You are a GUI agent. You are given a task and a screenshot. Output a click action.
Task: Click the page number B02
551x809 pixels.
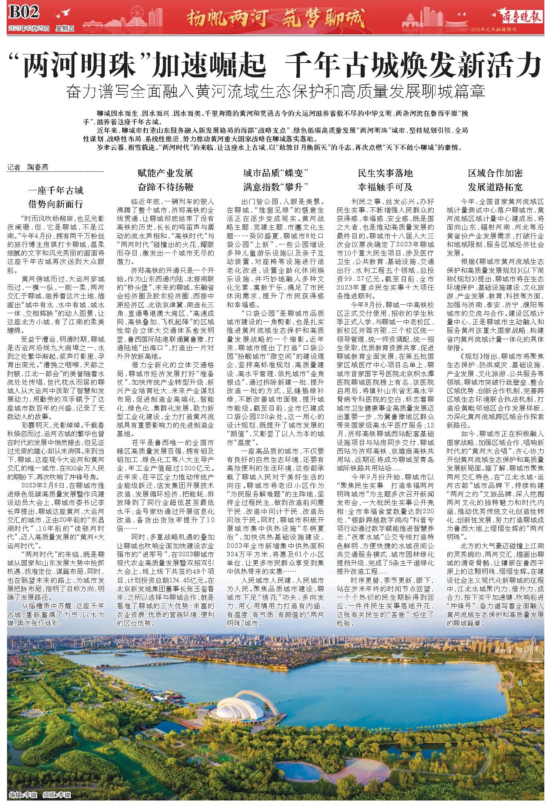[23, 13]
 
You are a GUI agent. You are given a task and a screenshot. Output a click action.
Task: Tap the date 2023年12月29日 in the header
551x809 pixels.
[28, 29]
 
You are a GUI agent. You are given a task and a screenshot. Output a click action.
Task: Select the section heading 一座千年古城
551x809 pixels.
[56, 191]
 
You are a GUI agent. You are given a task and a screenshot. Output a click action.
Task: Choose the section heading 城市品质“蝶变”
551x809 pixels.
[276, 173]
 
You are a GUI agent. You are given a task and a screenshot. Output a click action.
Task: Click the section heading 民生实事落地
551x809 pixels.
[385, 173]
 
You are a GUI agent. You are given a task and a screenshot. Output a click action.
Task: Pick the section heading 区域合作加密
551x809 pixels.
[495, 173]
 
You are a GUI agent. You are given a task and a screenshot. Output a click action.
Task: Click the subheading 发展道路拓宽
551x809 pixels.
[495, 187]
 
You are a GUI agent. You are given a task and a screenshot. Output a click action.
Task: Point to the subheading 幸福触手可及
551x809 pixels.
[385, 187]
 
